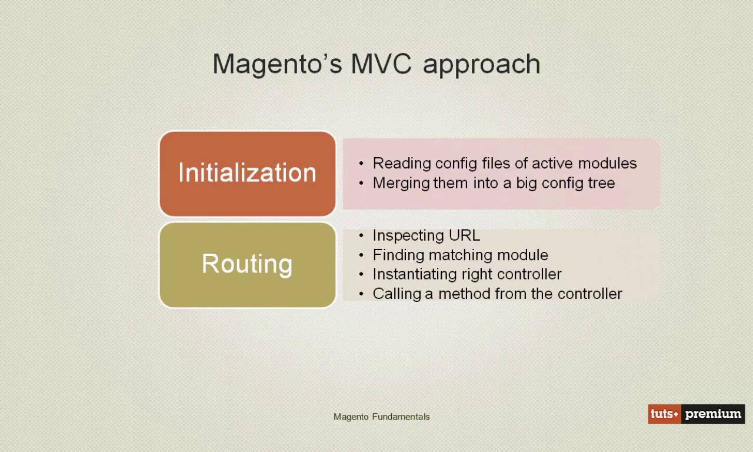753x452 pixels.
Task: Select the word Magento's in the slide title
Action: coord(277,64)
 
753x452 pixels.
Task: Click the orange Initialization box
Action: coord(247,174)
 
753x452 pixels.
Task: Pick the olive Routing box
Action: coord(247,264)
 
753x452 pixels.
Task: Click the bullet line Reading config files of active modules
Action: coord(504,163)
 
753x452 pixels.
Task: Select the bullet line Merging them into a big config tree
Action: coord(494,183)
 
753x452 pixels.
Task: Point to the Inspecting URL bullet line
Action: coord(426,235)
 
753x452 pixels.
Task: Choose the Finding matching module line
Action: coord(460,255)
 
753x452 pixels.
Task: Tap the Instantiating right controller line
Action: coord(467,274)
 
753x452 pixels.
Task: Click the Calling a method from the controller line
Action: coord(497,294)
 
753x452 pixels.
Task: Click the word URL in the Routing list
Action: coord(464,235)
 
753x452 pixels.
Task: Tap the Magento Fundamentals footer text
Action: coord(381,417)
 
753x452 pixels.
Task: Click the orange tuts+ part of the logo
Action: coord(665,414)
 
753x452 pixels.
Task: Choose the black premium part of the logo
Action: coord(713,414)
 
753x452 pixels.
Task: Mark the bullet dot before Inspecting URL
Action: coord(361,235)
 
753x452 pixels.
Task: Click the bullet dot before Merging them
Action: coord(361,183)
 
